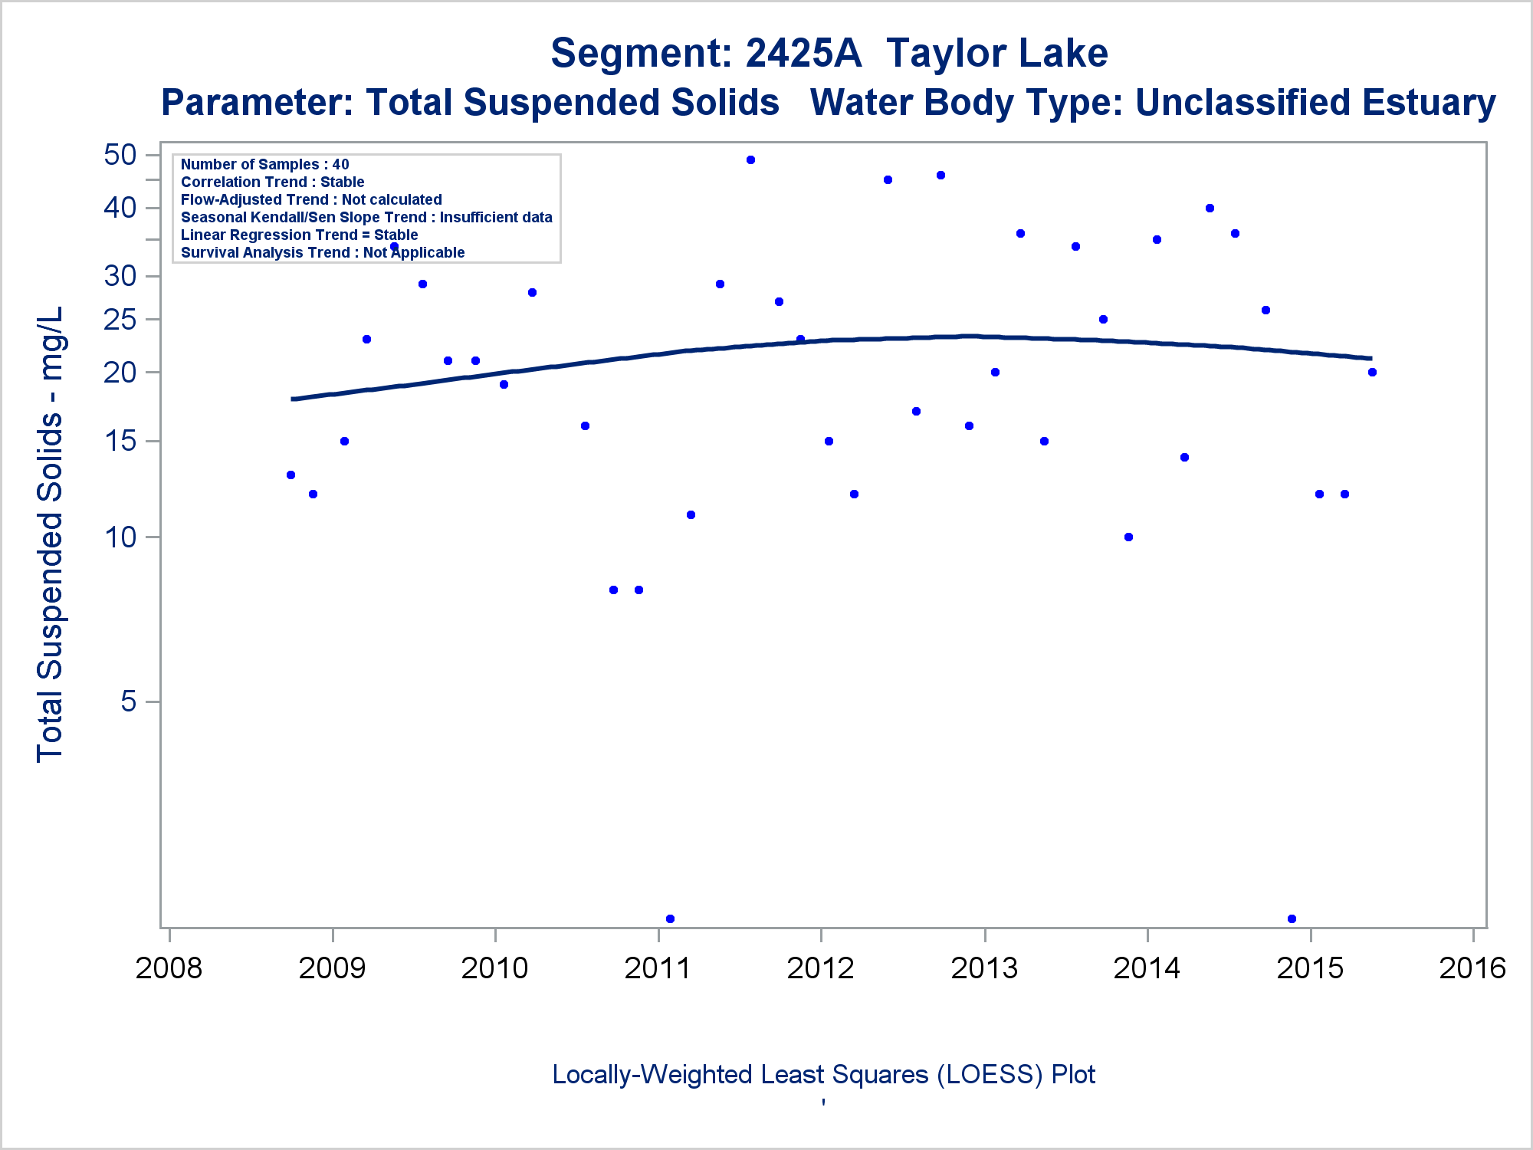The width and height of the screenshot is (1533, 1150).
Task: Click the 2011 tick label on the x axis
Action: (x=658, y=968)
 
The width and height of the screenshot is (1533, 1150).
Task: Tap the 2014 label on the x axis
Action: (x=1147, y=968)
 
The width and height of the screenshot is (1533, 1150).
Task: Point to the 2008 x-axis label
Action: (x=169, y=968)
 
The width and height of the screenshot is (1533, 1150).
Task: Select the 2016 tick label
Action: (x=1472, y=968)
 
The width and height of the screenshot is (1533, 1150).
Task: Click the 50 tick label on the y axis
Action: (x=120, y=155)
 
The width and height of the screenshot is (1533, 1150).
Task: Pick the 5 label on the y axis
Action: (x=129, y=701)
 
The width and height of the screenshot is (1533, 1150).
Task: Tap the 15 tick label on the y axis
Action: (x=120, y=441)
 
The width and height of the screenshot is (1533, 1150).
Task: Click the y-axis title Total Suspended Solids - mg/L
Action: (x=50, y=534)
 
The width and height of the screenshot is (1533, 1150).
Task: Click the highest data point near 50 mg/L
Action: (x=750, y=159)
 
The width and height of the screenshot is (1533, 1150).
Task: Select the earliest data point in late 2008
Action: (x=291, y=475)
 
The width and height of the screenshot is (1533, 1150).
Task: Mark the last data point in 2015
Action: (x=1372, y=372)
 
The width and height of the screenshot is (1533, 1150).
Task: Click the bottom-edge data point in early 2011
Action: (x=670, y=918)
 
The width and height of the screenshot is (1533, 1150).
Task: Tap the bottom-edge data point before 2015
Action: (x=1292, y=918)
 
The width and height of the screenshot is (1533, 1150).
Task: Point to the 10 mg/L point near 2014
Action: (x=1128, y=537)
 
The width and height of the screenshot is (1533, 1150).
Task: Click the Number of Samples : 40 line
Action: (x=264, y=164)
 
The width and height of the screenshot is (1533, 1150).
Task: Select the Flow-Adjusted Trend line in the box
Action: (x=311, y=199)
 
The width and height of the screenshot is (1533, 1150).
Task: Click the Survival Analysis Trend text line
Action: (x=323, y=252)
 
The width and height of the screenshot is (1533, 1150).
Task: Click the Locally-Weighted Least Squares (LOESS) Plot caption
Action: (x=823, y=1074)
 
